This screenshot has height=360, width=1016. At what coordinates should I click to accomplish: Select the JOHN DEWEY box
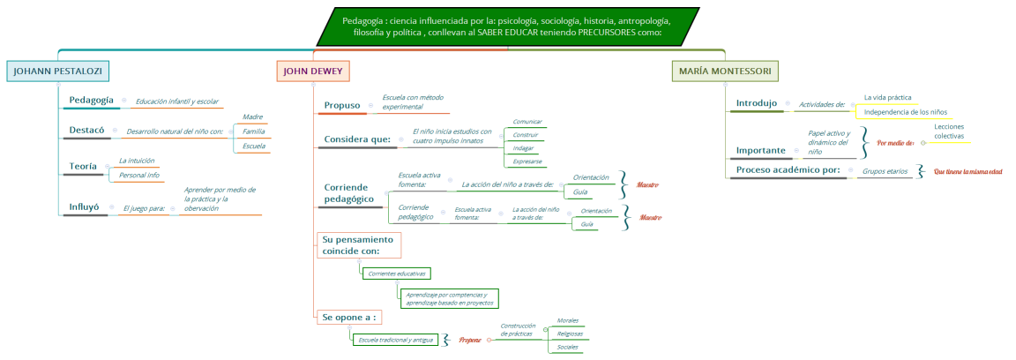(x=313, y=71)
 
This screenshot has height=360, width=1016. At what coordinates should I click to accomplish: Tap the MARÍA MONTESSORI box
(x=725, y=71)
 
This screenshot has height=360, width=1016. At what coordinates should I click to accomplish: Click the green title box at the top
(x=507, y=26)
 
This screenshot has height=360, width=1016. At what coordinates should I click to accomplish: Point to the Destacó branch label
(x=86, y=131)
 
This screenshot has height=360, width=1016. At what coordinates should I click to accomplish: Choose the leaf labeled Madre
(x=253, y=116)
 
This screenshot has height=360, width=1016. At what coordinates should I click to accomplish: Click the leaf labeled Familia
(x=254, y=131)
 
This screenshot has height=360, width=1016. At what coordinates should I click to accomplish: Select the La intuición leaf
(x=137, y=161)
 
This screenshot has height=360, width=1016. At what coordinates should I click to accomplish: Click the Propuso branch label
(x=341, y=105)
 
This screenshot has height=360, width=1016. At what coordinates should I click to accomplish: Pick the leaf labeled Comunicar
(x=527, y=122)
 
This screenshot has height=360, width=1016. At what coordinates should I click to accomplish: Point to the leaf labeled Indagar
(x=523, y=148)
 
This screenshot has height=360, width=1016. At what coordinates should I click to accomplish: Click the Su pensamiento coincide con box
(x=357, y=244)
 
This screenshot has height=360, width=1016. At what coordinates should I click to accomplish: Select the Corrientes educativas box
(x=397, y=274)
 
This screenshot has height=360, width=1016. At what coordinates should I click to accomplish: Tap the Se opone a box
(x=349, y=317)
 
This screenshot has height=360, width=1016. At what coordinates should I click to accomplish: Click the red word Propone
(x=470, y=340)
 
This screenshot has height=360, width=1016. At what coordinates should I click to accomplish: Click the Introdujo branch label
(x=757, y=103)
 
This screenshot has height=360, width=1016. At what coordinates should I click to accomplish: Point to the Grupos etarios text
(x=885, y=171)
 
